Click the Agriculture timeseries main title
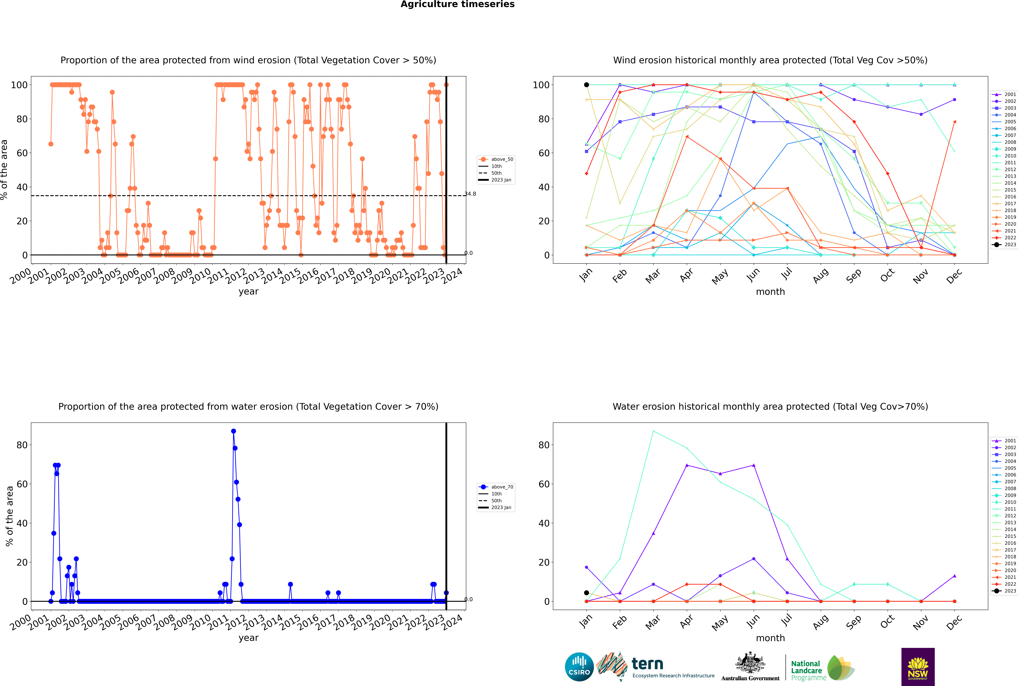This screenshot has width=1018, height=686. click(x=457, y=4)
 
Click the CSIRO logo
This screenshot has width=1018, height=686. click(x=579, y=667)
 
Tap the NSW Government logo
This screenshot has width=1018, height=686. click(x=918, y=667)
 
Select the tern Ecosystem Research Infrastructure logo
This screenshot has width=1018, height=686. click(x=655, y=667)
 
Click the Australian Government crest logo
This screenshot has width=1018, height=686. click(x=750, y=667)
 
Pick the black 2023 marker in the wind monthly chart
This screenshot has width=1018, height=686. click(x=586, y=85)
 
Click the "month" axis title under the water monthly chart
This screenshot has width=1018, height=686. click(x=770, y=638)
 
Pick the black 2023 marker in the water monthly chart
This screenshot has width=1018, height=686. click(x=586, y=593)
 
